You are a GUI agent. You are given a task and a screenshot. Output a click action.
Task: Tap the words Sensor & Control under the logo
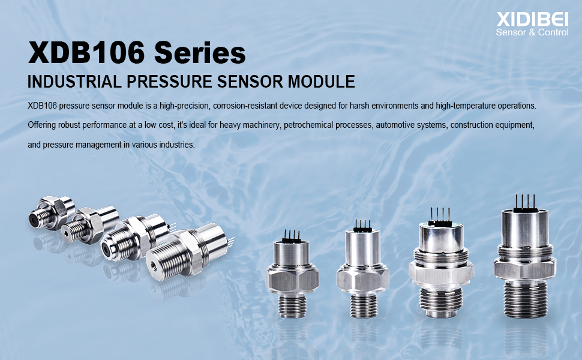click(532, 32)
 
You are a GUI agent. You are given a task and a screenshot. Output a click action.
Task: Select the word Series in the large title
click(200, 53)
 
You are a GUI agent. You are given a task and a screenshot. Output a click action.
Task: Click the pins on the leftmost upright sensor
click(291, 233)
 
